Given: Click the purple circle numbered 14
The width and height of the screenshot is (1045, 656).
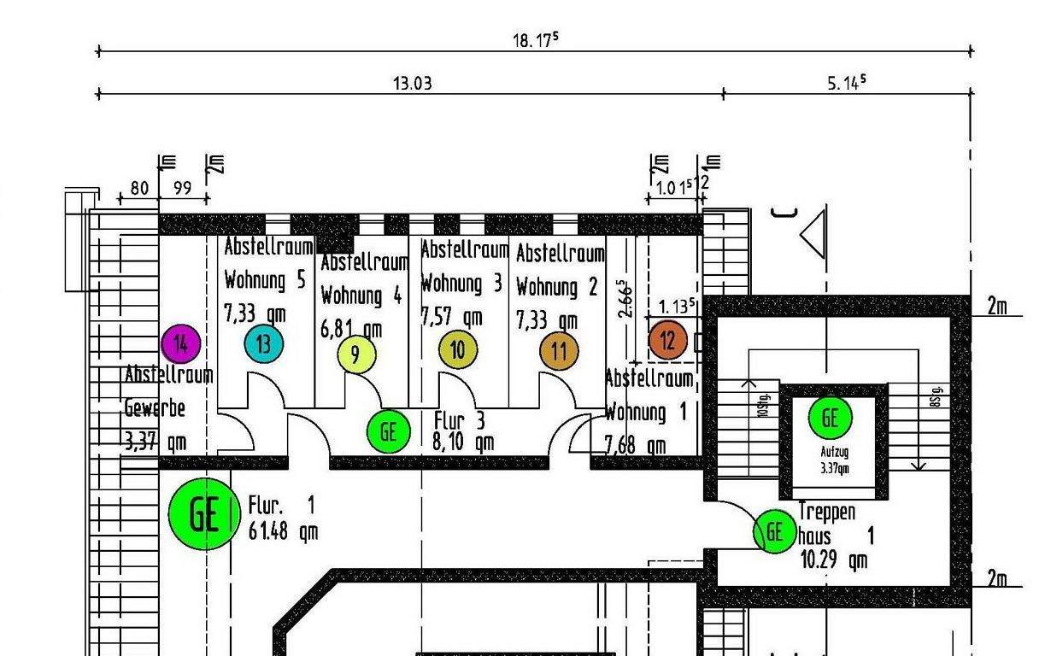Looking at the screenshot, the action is [x=180, y=344].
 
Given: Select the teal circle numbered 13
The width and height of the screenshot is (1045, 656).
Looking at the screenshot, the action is [x=264, y=344].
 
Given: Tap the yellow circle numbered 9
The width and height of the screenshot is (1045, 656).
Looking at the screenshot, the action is [x=356, y=354].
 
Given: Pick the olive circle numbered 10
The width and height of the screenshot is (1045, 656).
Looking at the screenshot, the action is [x=458, y=349].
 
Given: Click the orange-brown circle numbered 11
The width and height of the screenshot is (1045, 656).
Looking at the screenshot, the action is [x=559, y=351].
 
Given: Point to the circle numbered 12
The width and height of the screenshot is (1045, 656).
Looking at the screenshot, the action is [x=667, y=341].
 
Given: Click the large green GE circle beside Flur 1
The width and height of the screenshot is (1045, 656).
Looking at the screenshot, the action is [x=204, y=514].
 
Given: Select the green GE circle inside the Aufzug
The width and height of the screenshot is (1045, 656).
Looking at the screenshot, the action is [x=830, y=418].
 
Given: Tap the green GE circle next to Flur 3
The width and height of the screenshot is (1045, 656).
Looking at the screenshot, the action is [x=389, y=431].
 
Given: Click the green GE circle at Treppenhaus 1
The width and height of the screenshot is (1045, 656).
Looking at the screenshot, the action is [x=774, y=531].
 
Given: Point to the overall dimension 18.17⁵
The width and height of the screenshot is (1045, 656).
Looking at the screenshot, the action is [x=535, y=40].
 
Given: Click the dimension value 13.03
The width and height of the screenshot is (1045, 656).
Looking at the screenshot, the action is [x=412, y=83].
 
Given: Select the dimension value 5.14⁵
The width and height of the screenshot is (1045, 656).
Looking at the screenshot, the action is [x=846, y=82].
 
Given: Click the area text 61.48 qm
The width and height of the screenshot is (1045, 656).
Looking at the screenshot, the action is [x=283, y=531].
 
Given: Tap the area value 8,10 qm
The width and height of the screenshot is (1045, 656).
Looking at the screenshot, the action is [x=464, y=442].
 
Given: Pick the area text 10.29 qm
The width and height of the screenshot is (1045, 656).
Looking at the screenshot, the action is [x=833, y=560].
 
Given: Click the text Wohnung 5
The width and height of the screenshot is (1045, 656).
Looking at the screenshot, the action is [x=264, y=280].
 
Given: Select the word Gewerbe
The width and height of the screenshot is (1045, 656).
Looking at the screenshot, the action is [x=155, y=407].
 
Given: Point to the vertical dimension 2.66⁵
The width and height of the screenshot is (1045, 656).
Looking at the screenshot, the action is [x=626, y=299].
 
